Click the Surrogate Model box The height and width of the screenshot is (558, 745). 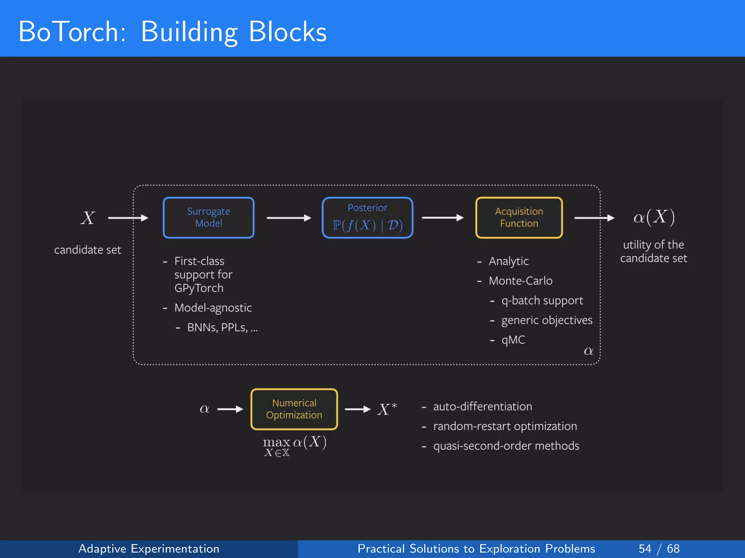point(208,218)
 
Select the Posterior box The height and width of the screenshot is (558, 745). point(367,218)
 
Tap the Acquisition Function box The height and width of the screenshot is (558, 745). point(519,218)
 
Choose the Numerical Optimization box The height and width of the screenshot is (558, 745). point(294,409)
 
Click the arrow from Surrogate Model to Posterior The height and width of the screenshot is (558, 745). point(289,218)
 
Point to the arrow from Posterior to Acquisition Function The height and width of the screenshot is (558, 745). point(442,218)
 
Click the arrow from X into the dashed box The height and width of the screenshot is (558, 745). point(128,218)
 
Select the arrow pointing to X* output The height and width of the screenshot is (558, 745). point(357,409)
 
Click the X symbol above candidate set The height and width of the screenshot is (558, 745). point(88,218)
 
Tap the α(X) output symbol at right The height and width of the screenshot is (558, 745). point(654,217)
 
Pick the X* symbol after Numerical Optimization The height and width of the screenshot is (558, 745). point(387,409)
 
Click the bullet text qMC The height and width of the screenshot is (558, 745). point(513,340)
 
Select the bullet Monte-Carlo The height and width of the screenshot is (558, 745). point(520,281)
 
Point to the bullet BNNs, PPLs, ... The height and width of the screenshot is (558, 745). point(222,328)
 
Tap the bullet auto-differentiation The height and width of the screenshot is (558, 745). point(482,407)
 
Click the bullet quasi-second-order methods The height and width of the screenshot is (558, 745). point(506,446)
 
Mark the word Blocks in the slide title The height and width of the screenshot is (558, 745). point(287,32)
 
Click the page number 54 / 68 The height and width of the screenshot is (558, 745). point(659,549)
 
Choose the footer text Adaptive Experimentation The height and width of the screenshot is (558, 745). point(149,549)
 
